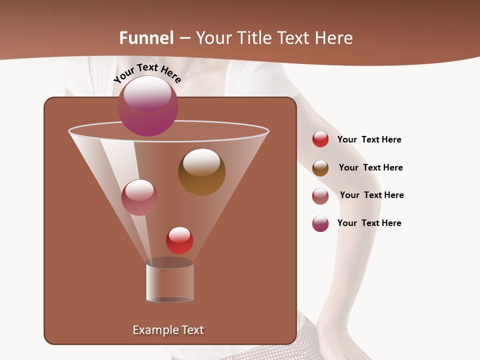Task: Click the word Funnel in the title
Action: click(x=146, y=38)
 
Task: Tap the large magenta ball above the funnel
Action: click(x=148, y=106)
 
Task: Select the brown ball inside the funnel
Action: click(x=202, y=172)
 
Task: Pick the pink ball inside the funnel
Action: click(x=139, y=197)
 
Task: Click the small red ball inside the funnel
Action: click(x=179, y=240)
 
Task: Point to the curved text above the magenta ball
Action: click(x=147, y=72)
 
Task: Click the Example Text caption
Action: click(x=168, y=330)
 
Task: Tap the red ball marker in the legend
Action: click(x=320, y=139)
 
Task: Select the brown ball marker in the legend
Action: click(x=320, y=168)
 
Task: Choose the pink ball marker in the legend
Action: click(x=320, y=196)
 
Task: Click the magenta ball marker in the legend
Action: click(x=320, y=223)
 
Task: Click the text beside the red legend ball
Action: click(x=369, y=140)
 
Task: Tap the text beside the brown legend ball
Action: click(x=370, y=168)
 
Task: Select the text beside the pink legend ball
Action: click(x=371, y=195)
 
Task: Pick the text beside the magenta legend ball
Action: click(x=369, y=223)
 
